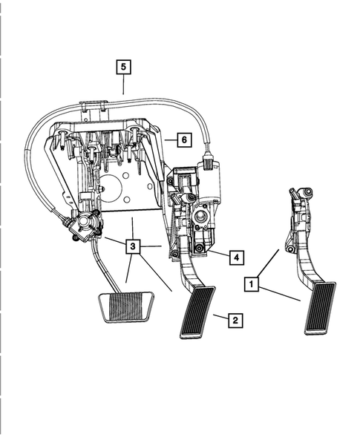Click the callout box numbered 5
point(124,67)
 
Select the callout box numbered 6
point(184,138)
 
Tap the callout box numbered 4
point(234,257)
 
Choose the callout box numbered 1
point(253,283)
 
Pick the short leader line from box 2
point(220,318)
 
